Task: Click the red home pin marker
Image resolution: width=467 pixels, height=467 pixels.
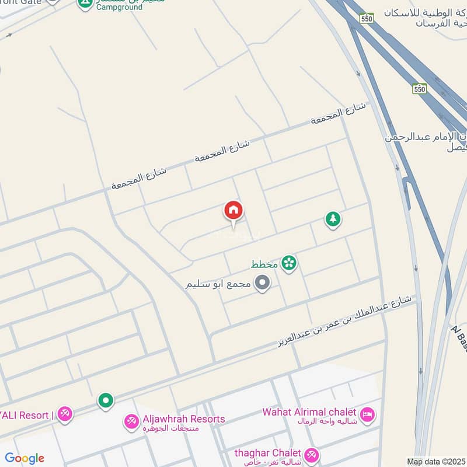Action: click(x=233, y=211)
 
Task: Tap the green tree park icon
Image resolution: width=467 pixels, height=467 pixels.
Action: click(x=333, y=219)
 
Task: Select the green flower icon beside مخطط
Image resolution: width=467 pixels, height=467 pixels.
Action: click(x=288, y=264)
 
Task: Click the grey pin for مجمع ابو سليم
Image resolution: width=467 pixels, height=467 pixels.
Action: click(x=263, y=284)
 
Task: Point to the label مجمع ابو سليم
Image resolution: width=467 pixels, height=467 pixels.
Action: click(x=218, y=284)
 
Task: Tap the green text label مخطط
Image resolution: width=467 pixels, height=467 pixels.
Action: click(x=264, y=264)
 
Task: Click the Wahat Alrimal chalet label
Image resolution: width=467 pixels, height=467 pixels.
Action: click(x=309, y=412)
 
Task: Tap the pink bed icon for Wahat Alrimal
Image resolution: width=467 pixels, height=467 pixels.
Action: click(x=367, y=415)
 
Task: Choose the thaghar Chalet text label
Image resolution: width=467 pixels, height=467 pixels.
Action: click(x=267, y=453)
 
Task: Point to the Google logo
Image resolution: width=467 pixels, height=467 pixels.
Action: click(x=24, y=458)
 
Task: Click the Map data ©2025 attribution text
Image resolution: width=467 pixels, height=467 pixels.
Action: click(x=436, y=462)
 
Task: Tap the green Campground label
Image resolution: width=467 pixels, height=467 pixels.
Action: click(x=119, y=8)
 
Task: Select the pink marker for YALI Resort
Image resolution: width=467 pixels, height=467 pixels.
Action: click(x=65, y=415)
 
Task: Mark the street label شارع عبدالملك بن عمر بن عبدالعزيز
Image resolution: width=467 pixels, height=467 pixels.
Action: click(x=344, y=322)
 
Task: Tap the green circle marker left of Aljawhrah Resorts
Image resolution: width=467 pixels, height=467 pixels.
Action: click(x=106, y=400)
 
